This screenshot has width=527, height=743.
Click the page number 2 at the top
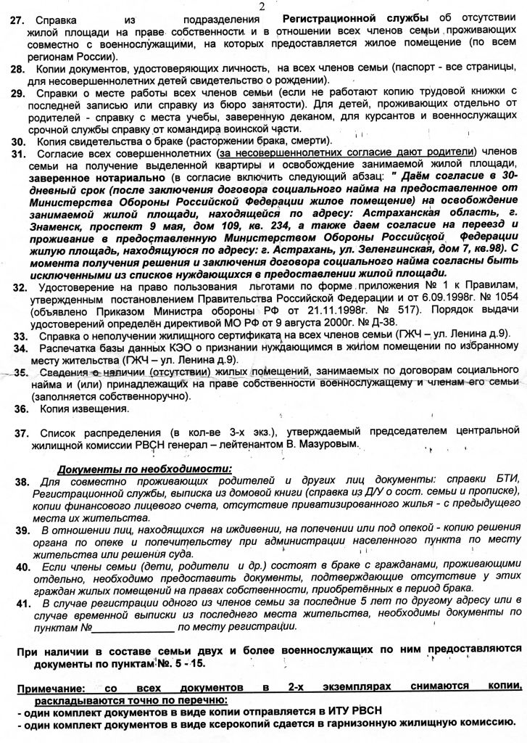pos(262,6)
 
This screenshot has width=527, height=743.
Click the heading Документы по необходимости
pos(144,469)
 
